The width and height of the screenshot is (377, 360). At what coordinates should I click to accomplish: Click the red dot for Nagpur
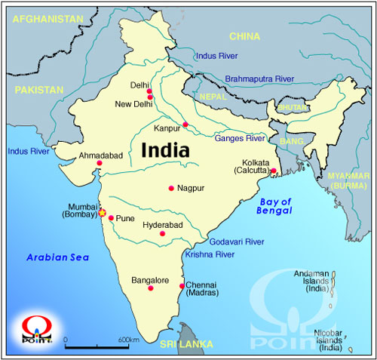tap(171, 188)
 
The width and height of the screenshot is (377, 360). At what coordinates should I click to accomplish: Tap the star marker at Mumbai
tap(103, 213)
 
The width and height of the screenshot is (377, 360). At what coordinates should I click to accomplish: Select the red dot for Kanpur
tap(185, 125)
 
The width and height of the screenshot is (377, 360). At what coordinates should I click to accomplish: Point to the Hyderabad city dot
tap(161, 233)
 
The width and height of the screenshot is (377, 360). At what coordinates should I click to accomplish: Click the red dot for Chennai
tap(182, 286)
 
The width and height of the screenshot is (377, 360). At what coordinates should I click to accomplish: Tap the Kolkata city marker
tap(273, 171)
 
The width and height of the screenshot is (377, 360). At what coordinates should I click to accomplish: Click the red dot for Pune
tap(111, 219)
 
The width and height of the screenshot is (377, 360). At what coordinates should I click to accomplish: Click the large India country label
tap(164, 149)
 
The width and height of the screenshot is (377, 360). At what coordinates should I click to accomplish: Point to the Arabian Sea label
tap(57, 258)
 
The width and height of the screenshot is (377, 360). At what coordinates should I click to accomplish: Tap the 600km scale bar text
tap(129, 340)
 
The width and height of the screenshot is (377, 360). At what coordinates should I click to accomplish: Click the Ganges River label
tap(239, 139)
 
